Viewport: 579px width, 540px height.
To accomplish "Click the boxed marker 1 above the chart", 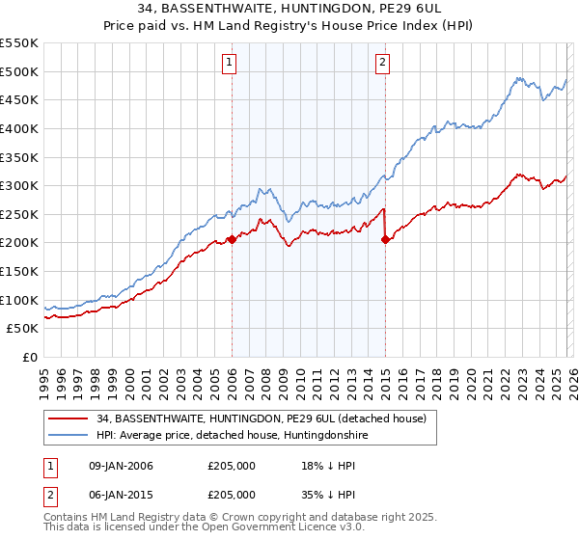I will [231, 64].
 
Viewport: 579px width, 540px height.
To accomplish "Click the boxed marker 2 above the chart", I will [383, 64].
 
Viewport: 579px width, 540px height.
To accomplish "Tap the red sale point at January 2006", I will [232, 240].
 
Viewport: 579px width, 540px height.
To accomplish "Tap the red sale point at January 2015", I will [385, 240].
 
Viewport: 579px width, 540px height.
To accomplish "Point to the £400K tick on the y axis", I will [19, 128].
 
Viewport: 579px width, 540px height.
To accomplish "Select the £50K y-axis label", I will [23, 329].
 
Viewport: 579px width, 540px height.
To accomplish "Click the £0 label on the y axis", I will [29, 358].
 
